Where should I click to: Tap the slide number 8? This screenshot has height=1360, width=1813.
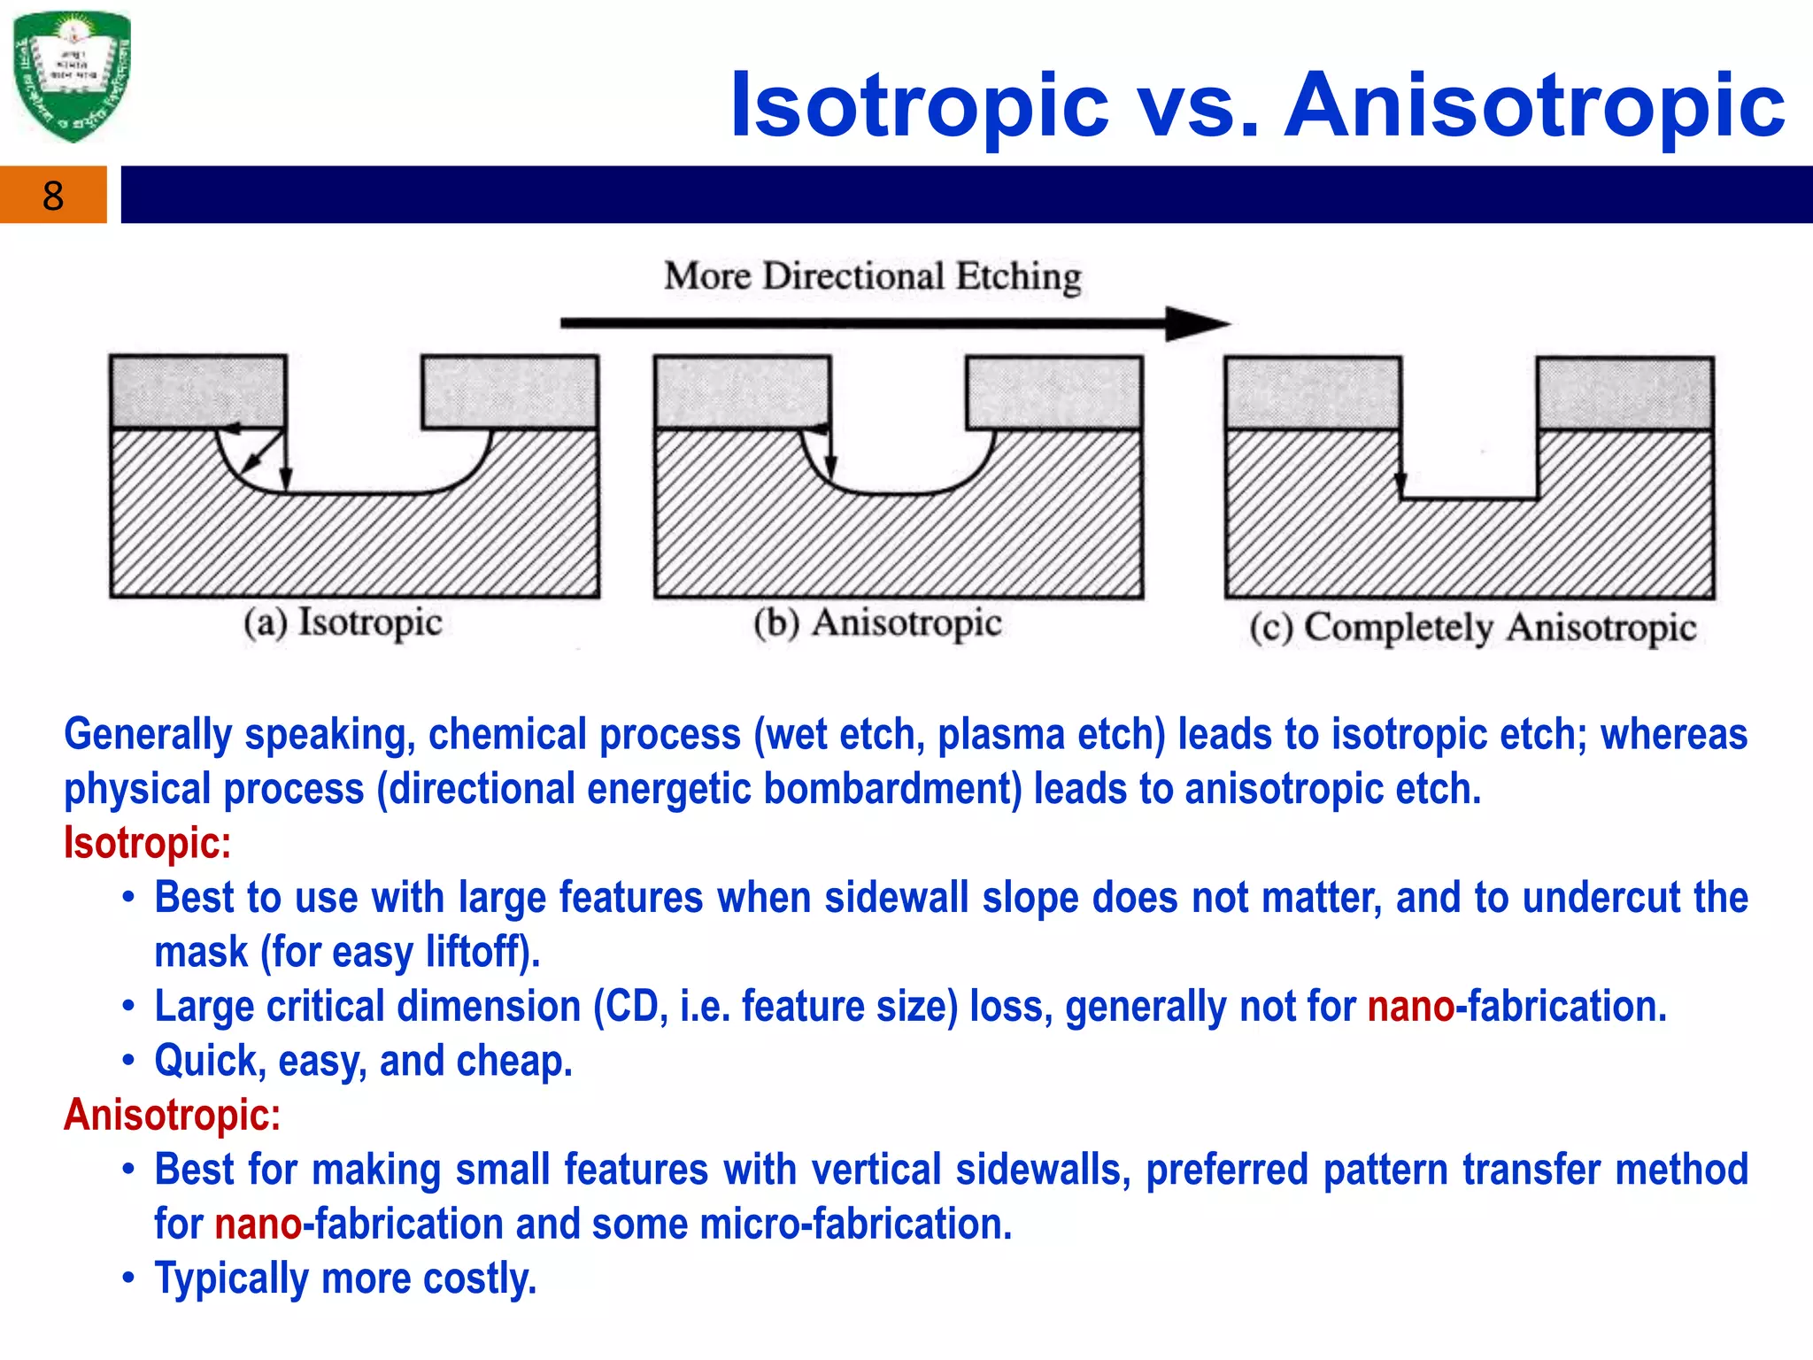click(x=53, y=196)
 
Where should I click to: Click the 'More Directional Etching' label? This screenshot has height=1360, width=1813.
click(x=873, y=276)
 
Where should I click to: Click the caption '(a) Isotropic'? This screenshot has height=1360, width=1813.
click(x=343, y=622)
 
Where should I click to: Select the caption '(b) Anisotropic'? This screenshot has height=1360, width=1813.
click(x=877, y=623)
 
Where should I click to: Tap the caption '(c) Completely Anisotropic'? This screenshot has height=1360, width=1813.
click(x=1472, y=628)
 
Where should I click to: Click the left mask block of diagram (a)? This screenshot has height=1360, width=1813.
click(x=198, y=391)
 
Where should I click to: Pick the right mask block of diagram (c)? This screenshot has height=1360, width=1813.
click(x=1625, y=393)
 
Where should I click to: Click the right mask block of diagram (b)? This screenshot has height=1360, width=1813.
click(x=1054, y=392)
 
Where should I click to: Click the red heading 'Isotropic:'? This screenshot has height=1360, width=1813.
click(x=147, y=843)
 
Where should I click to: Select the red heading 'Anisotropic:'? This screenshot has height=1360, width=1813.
click(x=172, y=1115)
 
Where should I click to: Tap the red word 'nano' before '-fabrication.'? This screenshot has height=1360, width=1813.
click(x=1410, y=1007)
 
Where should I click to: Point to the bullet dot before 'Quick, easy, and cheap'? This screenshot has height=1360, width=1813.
click(x=129, y=1061)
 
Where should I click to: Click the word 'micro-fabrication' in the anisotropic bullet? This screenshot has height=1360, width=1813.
click(x=854, y=1225)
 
